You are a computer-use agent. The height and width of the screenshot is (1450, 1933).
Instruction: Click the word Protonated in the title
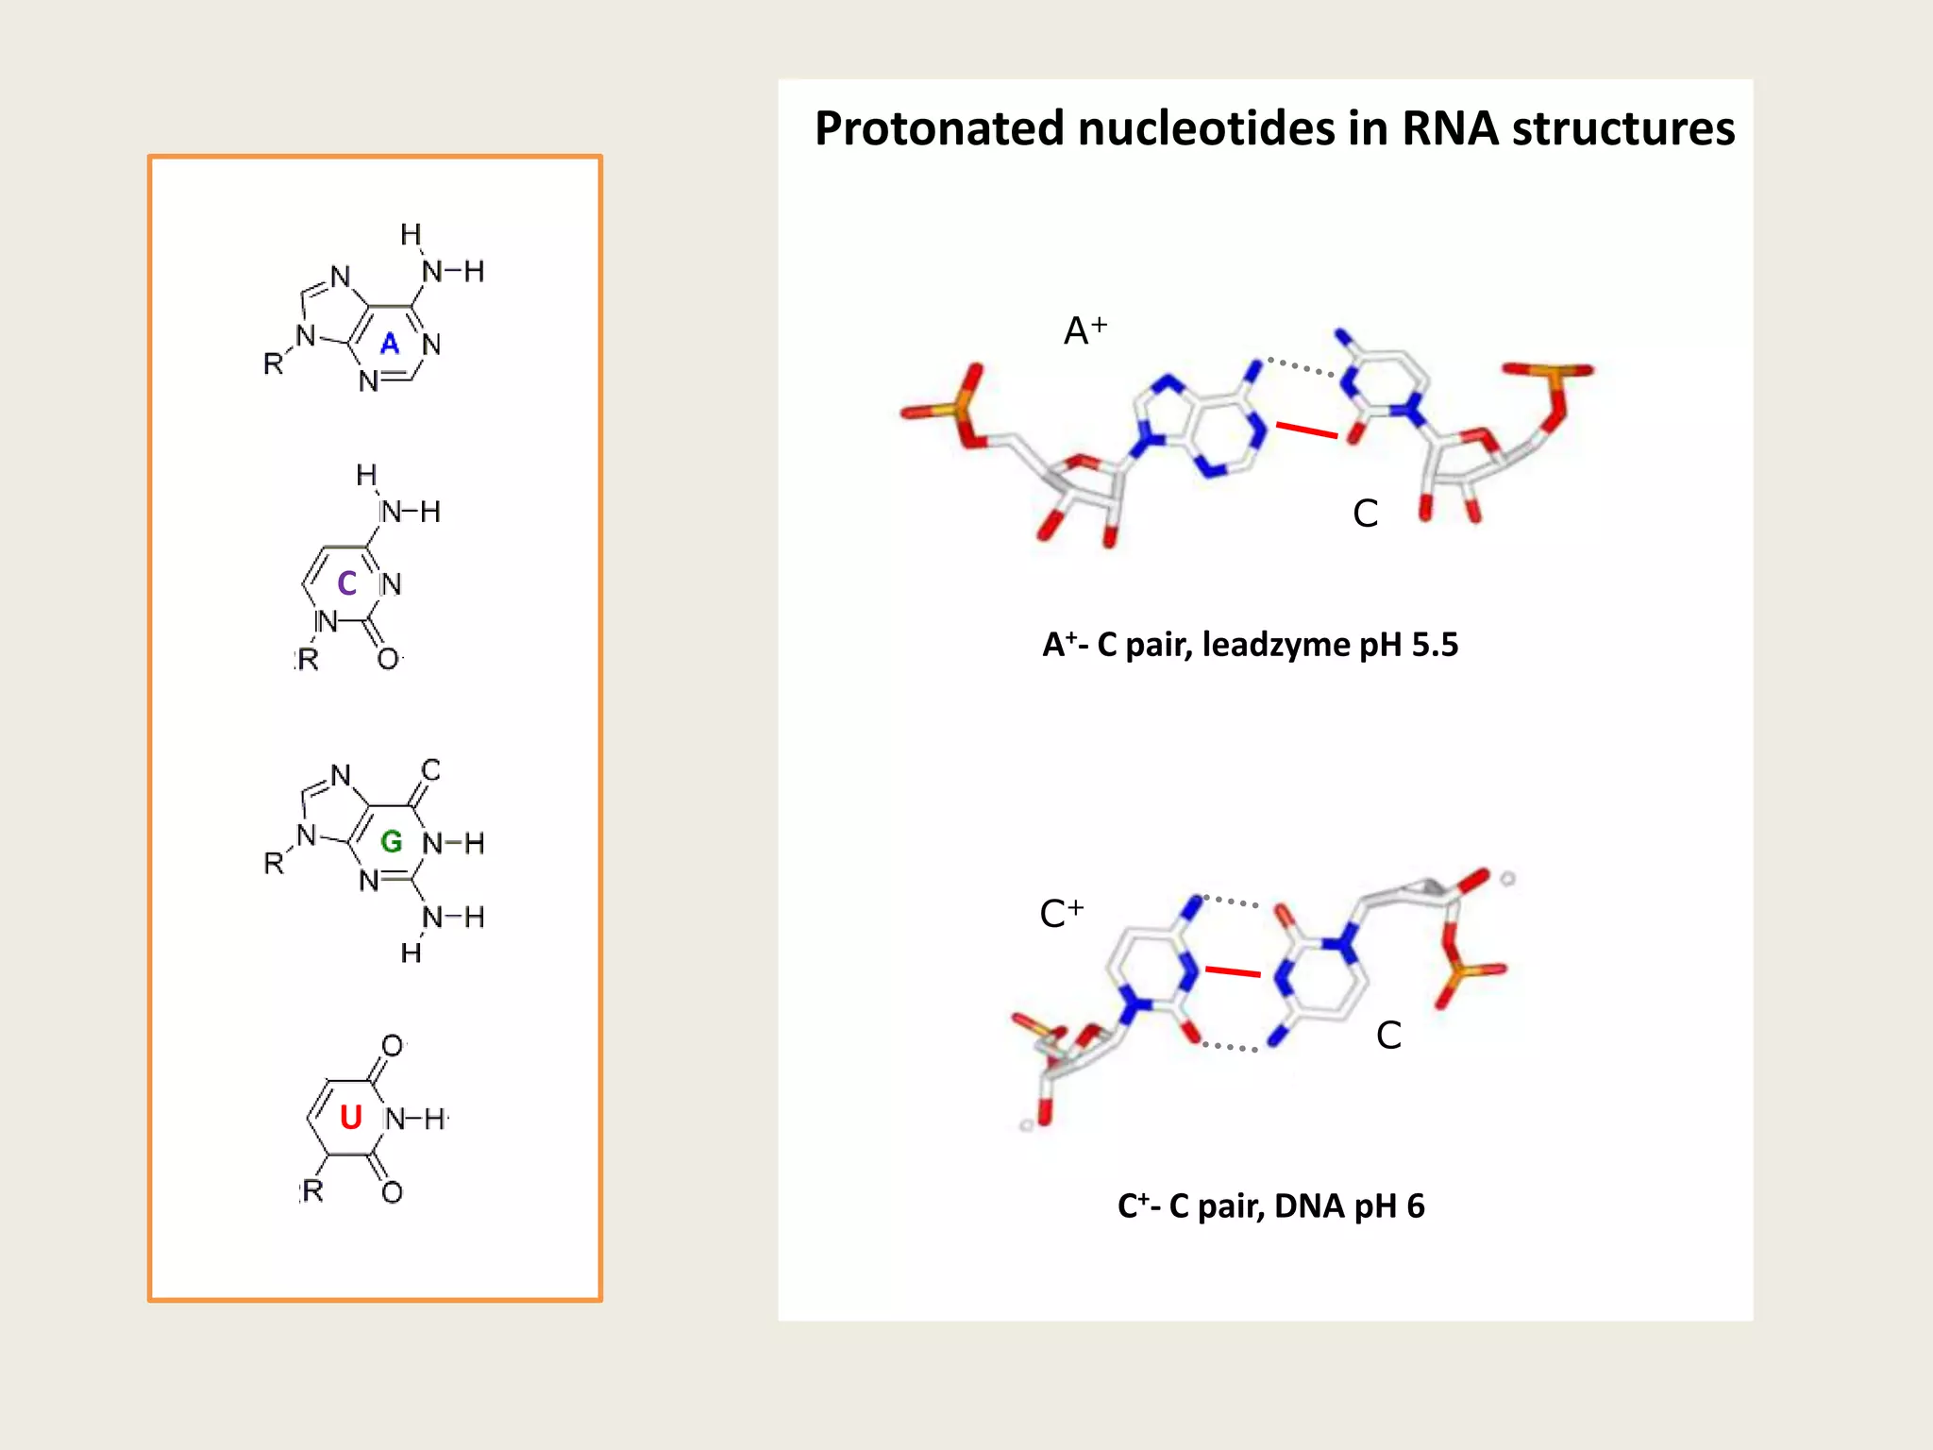click(x=939, y=129)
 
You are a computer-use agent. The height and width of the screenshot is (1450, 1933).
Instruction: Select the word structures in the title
click(x=1622, y=129)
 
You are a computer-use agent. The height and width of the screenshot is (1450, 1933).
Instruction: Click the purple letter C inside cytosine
click(x=347, y=583)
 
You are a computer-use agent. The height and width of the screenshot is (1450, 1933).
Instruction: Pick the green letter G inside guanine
click(x=391, y=841)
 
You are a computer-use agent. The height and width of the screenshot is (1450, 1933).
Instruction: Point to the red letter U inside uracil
click(x=351, y=1118)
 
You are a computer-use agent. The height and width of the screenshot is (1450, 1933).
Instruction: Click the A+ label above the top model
click(x=1084, y=330)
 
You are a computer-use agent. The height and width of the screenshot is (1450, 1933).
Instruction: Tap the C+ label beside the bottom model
click(x=1060, y=913)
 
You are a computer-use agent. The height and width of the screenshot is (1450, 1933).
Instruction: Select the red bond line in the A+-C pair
click(x=1307, y=430)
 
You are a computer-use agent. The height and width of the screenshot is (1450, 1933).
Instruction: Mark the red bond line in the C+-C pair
click(x=1233, y=971)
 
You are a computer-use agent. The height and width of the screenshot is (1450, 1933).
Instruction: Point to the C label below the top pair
click(x=1365, y=514)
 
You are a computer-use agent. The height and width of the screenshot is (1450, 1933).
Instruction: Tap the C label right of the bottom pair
click(x=1388, y=1036)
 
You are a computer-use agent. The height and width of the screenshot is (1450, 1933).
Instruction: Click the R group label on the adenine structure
click(x=274, y=363)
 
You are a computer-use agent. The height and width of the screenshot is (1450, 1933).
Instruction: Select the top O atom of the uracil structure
click(x=392, y=1046)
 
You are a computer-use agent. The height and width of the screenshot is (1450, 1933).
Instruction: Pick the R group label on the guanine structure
click(x=274, y=863)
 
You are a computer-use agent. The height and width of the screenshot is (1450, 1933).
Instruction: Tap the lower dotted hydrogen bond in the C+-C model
click(x=1230, y=1046)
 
